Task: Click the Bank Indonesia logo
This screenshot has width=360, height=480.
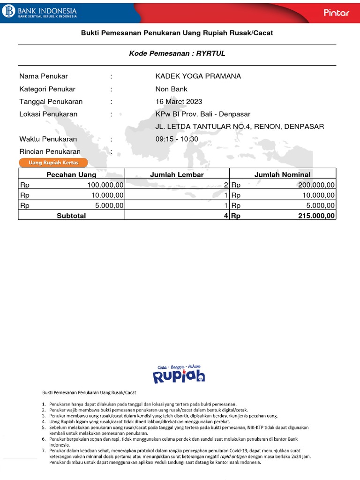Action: tap(40, 12)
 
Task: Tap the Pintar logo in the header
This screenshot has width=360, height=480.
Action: tap(337, 13)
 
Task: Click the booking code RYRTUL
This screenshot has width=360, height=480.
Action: tap(211, 53)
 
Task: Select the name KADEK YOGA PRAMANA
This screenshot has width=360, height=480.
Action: tap(198, 76)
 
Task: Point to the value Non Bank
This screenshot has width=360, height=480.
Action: tap(172, 89)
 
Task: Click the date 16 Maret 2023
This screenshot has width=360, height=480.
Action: tap(179, 102)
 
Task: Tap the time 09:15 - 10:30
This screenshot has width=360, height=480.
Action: tap(177, 139)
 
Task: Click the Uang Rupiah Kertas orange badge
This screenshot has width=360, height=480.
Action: tap(53, 163)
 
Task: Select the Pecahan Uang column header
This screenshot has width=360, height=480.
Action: tap(71, 175)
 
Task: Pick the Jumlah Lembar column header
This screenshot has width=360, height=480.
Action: tap(177, 175)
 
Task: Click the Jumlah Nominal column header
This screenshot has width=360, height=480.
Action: tap(282, 175)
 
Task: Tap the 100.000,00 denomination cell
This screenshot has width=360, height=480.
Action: tap(105, 185)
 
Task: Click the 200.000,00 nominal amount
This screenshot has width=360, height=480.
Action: tap(316, 185)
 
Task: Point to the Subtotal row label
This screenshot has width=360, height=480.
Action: tap(71, 216)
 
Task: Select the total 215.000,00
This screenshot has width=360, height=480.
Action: tap(316, 216)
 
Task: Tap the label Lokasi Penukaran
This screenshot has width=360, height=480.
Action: tap(48, 114)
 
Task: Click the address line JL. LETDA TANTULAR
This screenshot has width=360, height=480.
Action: tap(240, 127)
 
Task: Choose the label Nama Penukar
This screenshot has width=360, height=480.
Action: tap(44, 76)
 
